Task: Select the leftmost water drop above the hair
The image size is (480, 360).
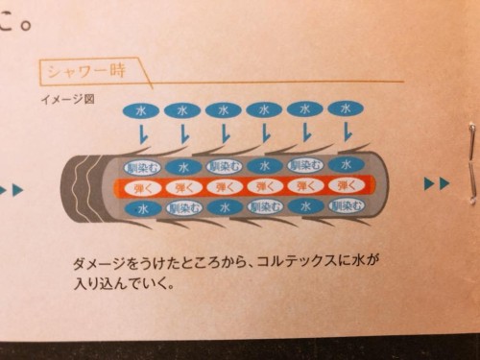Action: pos(141,110)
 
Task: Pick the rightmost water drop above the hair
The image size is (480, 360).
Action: pos(345,109)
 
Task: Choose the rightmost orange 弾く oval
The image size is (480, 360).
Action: pos(343,183)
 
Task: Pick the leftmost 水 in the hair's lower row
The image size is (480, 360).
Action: pos(141,205)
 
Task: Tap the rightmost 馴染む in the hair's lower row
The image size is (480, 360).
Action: pos(344,204)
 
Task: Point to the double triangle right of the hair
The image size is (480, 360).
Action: pos(437,183)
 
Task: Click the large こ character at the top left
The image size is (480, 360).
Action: pos(13,16)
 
